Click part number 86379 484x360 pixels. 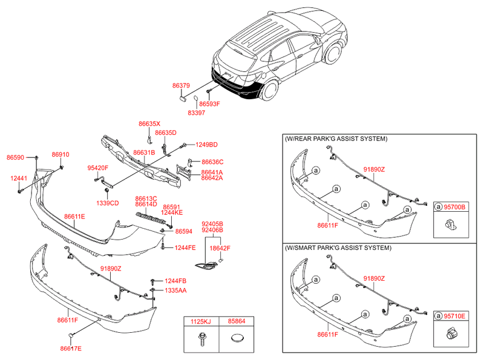181,87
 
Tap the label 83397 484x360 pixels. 196,113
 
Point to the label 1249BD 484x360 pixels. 206,145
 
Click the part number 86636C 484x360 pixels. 212,162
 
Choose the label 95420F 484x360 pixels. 97,168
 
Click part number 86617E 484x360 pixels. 71,349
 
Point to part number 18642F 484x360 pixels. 220,248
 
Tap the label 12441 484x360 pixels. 18,178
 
